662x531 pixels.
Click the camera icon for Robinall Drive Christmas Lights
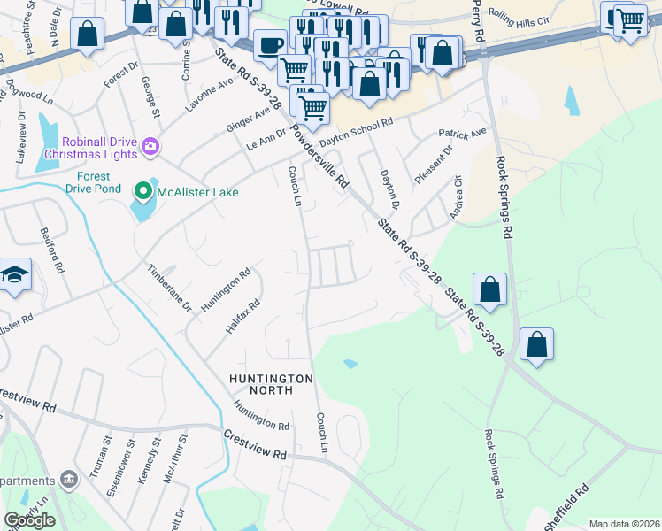(150, 145)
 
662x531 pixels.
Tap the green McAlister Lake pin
(142, 190)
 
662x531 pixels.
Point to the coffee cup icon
(270, 44)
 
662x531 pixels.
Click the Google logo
(29, 520)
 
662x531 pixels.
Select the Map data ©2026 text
(624, 524)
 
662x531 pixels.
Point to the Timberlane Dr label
(169, 288)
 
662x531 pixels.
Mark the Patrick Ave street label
(463, 135)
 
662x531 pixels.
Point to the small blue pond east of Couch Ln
(351, 364)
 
